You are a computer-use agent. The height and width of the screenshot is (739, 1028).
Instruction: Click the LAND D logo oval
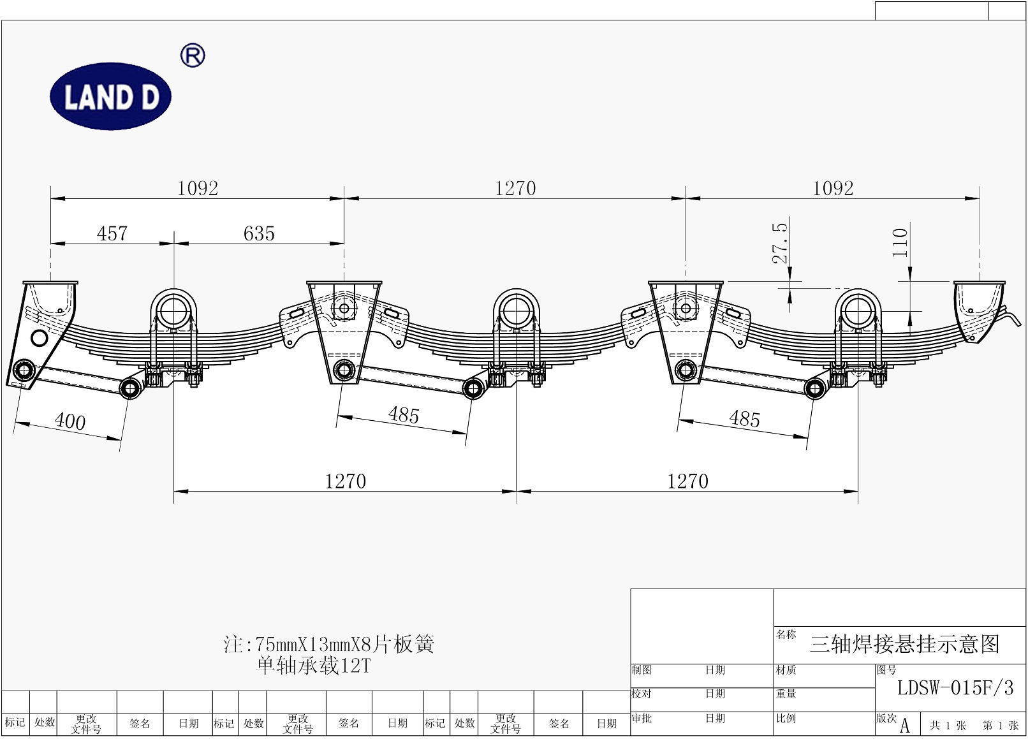(110, 96)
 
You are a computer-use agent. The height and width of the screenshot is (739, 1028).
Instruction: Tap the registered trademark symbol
(193, 55)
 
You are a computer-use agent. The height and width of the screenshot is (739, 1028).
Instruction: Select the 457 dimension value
(112, 233)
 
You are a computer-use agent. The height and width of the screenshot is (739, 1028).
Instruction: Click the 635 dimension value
(259, 233)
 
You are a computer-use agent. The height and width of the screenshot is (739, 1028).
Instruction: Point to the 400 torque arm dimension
(70, 421)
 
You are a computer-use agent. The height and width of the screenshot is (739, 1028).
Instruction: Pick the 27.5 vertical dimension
(780, 243)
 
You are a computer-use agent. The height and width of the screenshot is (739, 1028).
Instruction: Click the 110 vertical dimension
(900, 243)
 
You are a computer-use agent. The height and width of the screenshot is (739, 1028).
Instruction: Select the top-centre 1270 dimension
(515, 189)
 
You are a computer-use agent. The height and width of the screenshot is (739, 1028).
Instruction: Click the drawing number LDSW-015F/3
(955, 688)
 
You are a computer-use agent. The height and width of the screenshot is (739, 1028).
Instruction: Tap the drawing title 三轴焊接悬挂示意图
(904, 644)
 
